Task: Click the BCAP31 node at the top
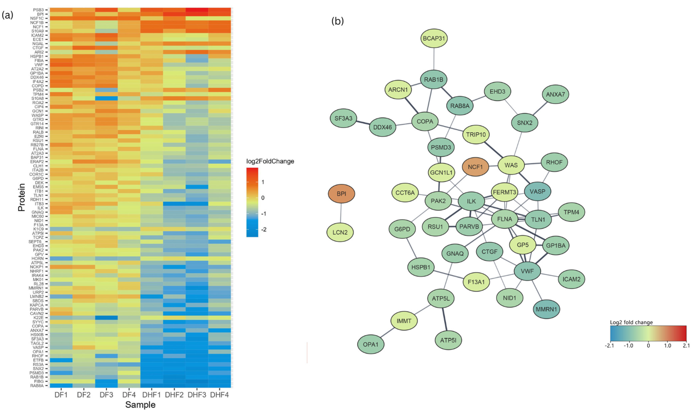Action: [434, 38]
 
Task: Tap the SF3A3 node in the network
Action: [343, 118]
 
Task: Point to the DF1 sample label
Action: [61, 395]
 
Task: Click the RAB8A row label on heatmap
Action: [37, 386]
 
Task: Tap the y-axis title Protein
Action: [22, 197]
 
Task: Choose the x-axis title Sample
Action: [140, 405]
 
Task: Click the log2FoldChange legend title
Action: [270, 161]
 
